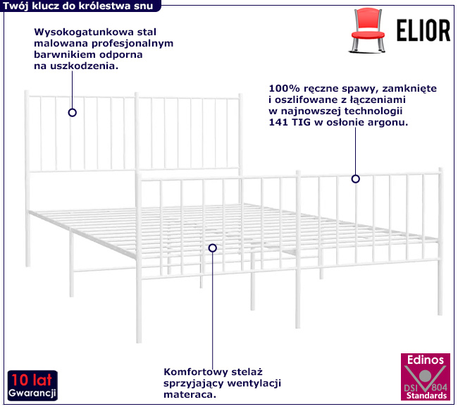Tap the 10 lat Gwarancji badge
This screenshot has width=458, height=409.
point(32,384)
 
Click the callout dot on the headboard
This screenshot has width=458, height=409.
point(72,112)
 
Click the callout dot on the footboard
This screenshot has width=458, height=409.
point(356,178)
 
